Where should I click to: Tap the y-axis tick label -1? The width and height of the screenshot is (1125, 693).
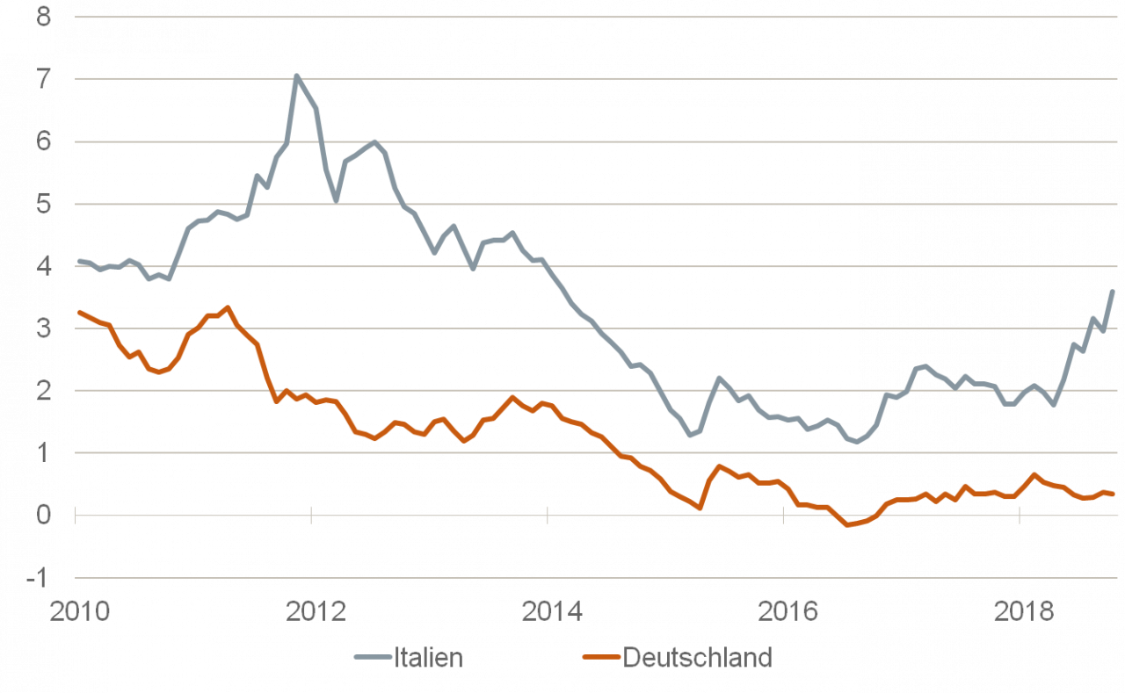click(x=39, y=578)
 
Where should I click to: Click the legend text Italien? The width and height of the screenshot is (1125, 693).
click(x=428, y=658)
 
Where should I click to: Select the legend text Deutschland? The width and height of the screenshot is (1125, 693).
click(x=697, y=658)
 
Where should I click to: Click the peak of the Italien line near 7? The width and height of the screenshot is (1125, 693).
click(x=297, y=76)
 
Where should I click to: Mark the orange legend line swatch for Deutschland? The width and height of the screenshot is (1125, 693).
click(x=599, y=658)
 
